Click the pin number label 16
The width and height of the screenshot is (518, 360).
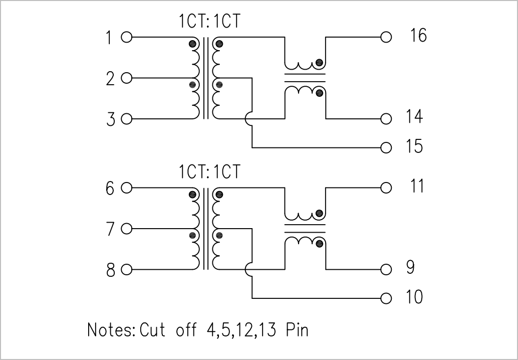418,36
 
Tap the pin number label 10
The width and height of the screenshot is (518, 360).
414,296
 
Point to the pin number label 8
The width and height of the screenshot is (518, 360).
111,270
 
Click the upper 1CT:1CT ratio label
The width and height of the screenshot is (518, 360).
209,22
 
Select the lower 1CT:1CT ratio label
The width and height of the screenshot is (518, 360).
209,172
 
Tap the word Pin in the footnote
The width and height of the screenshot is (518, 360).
297,330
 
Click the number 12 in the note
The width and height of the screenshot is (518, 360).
244,330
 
